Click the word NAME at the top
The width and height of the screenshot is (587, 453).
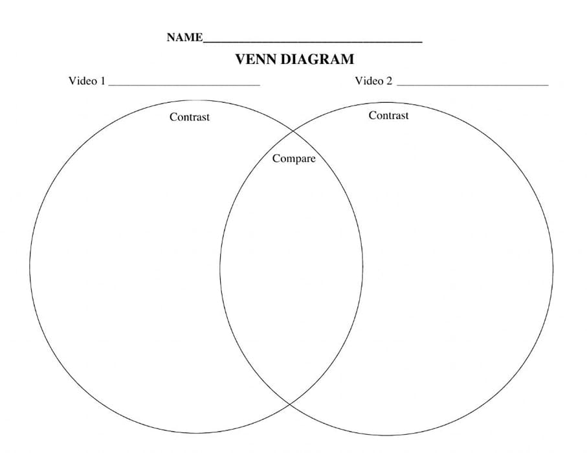(x=184, y=38)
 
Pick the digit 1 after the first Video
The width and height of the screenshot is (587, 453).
(x=102, y=81)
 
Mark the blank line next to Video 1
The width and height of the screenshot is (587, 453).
(x=184, y=85)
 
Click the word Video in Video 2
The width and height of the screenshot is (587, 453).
(x=368, y=81)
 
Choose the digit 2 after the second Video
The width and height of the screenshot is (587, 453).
(x=389, y=81)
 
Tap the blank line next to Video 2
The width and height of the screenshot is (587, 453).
(x=472, y=85)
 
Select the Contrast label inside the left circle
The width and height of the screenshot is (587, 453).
(x=190, y=117)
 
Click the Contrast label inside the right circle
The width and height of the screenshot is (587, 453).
(x=388, y=116)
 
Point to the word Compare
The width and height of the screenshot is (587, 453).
(x=294, y=159)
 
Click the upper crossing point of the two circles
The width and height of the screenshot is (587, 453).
(x=291, y=131)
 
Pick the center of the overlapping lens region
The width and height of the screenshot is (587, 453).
(x=291, y=267)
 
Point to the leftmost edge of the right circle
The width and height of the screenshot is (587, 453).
(x=220, y=268)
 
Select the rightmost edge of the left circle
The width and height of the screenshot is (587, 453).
(x=362, y=267)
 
